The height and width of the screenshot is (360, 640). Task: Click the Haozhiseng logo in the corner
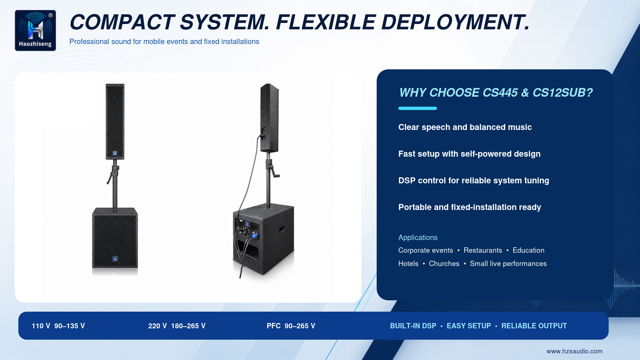[x=35, y=30]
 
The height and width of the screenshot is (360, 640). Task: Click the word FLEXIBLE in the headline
[x=326, y=22]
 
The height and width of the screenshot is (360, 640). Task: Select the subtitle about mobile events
[x=164, y=42]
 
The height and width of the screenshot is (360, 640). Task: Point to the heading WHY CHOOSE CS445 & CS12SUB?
[x=496, y=93]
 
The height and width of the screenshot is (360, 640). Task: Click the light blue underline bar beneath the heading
[x=418, y=108]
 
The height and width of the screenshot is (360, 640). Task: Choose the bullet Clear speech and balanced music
[x=465, y=127]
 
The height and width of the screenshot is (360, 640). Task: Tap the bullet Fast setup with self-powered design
[x=469, y=154]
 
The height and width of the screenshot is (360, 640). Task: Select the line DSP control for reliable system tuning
[x=474, y=181]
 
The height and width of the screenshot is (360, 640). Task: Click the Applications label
[x=418, y=238]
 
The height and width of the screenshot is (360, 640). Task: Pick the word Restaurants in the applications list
[x=483, y=250]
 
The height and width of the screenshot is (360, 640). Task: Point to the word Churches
[x=444, y=264]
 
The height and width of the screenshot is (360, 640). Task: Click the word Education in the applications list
[x=528, y=250]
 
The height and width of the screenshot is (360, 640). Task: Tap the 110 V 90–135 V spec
[x=58, y=326]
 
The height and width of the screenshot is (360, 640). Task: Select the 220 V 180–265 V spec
[x=177, y=326]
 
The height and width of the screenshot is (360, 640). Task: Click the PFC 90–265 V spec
[x=291, y=326]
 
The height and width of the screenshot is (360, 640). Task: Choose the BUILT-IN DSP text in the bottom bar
[x=413, y=326]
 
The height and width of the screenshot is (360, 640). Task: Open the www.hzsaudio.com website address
[x=574, y=351]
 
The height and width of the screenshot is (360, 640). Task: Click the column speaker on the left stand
[x=115, y=121]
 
